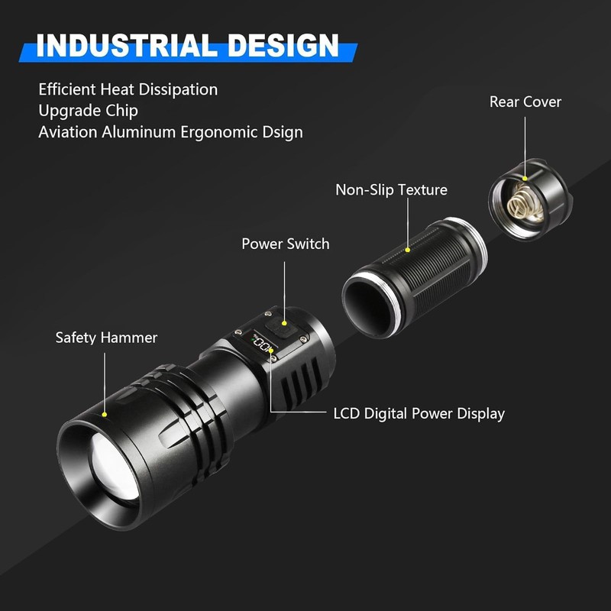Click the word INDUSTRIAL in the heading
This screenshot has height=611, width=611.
coord(115,45)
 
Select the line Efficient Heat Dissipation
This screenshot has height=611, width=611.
coord(128,89)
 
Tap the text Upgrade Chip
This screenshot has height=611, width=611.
coord(88,111)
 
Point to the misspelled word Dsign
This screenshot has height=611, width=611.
coord(281,132)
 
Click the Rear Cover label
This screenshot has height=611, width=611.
coord(525,102)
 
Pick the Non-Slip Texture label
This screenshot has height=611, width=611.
coord(391,189)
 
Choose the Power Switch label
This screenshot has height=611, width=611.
coord(285,244)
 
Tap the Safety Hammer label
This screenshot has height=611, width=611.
coord(106,337)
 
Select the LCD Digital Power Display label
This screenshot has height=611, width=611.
coord(419,414)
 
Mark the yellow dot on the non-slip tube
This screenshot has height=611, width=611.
coord(408,249)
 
